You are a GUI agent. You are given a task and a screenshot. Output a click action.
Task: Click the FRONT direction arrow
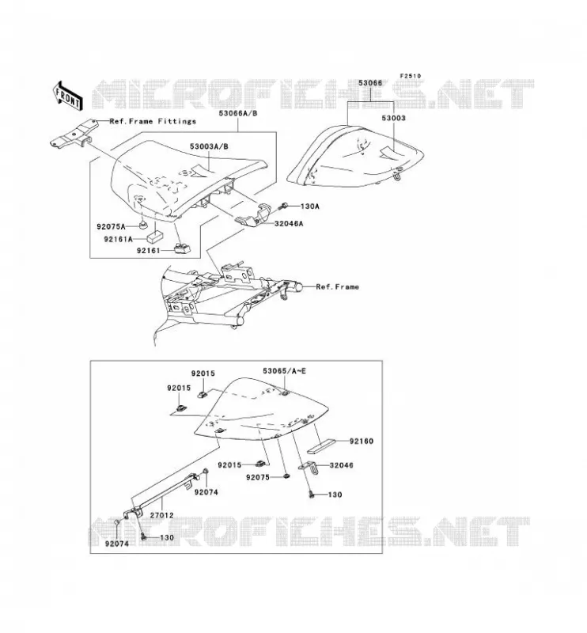pos(68,96)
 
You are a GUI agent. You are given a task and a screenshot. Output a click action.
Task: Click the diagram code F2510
pos(410,76)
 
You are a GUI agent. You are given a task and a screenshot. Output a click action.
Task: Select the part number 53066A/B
pos(238,113)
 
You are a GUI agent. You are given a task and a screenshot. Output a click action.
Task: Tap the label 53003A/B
pos(209,146)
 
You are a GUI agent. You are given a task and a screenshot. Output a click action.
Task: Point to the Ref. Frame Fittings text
pos(153,121)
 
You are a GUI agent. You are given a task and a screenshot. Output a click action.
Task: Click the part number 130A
pos(309,207)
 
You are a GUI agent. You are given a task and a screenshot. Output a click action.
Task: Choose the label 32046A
pos(288,223)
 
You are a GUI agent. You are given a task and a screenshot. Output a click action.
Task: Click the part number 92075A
pos(111,227)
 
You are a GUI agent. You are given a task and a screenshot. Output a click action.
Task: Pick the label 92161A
pos(119,240)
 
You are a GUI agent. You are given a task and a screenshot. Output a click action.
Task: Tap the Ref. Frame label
pos(337,286)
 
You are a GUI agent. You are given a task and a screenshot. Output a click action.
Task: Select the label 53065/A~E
pos(284,370)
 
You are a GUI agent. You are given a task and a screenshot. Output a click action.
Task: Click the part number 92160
pos(362,442)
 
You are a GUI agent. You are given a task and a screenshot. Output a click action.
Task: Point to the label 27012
pos(161,516)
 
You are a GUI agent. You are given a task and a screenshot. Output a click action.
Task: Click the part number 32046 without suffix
pos(341,465)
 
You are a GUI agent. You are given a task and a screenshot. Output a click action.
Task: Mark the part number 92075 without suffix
pos(258,477)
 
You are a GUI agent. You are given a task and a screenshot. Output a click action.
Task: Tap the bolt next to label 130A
pos(282,207)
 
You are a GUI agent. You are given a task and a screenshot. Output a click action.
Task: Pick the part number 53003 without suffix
pos(394,118)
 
